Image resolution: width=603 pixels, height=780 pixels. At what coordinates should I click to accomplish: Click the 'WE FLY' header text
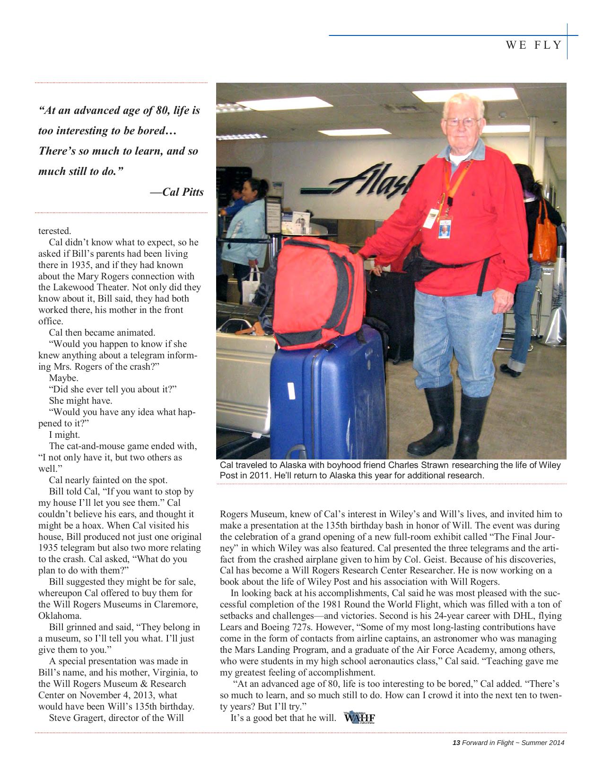[x=533, y=45]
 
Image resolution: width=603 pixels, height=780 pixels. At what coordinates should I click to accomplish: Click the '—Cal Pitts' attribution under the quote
[x=177, y=192]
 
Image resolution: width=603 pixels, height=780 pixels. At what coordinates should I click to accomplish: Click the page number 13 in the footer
[x=456, y=743]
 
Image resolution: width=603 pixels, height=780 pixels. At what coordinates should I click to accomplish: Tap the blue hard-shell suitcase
[x=326, y=397]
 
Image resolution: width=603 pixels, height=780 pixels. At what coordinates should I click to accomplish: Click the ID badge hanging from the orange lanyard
[x=444, y=227]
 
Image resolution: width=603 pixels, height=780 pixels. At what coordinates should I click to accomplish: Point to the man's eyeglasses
[x=462, y=122]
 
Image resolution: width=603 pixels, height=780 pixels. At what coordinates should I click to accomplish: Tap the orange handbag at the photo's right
[x=545, y=236]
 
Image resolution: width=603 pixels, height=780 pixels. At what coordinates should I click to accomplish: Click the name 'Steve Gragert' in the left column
[x=76, y=718]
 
